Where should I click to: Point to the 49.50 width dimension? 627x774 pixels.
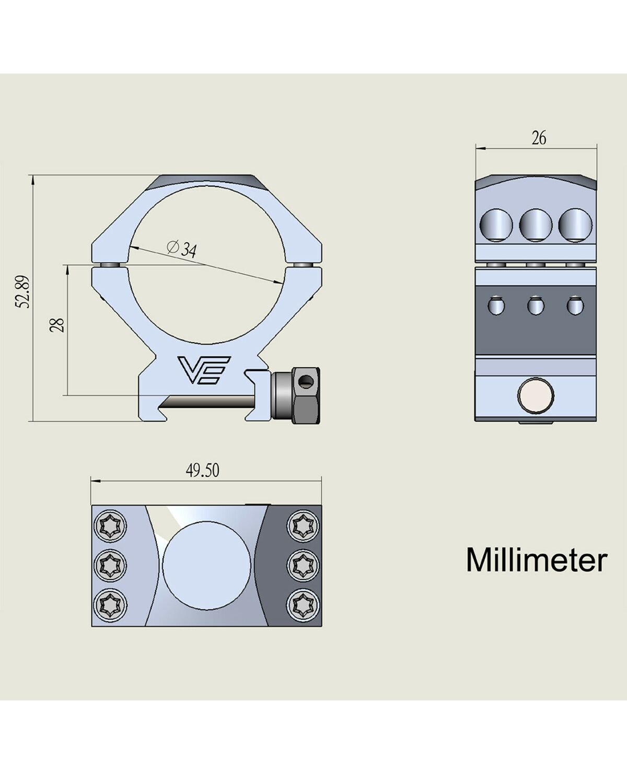click(x=202, y=471)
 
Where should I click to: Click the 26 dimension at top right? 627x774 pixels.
click(x=539, y=138)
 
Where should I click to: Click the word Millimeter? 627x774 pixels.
click(x=537, y=560)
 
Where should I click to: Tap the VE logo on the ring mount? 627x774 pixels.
click(x=204, y=370)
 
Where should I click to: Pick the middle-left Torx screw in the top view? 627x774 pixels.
click(x=111, y=565)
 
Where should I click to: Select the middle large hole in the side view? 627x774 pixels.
click(x=536, y=225)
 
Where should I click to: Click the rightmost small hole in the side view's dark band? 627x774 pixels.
click(x=575, y=306)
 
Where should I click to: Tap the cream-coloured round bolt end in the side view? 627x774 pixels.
click(x=536, y=395)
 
